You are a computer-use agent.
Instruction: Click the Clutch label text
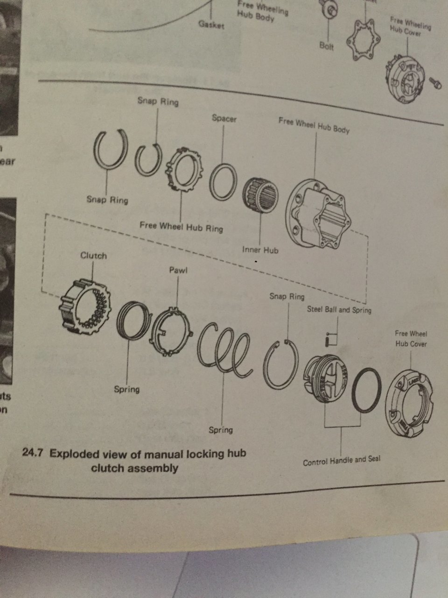[x=93, y=256]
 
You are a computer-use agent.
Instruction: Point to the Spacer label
[x=224, y=119]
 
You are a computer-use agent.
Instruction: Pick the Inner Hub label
[x=260, y=250]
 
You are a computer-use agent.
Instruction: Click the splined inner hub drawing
[x=259, y=195]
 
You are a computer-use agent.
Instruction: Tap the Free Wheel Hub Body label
[x=314, y=125]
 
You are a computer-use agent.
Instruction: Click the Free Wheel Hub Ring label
[x=181, y=227]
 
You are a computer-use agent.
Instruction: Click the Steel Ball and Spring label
[x=339, y=310]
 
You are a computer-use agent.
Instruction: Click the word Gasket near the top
[x=211, y=24]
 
